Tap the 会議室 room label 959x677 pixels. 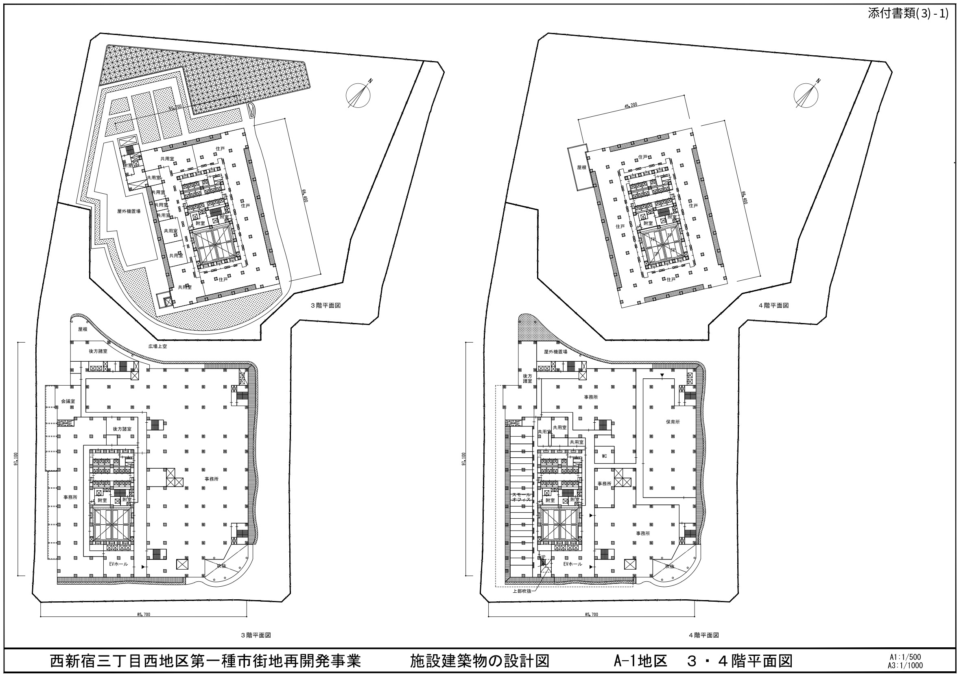[68, 401]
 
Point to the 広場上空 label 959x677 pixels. [157, 346]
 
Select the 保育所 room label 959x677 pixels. [673, 422]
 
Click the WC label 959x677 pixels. [604, 456]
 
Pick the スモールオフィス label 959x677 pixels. [521, 497]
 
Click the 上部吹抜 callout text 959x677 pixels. [522, 591]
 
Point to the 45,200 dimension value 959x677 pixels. [631, 105]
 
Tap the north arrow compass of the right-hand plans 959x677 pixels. [806, 95]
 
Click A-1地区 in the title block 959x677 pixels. [640, 661]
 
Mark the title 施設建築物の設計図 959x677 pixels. [479, 661]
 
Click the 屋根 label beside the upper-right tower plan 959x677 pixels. [582, 167]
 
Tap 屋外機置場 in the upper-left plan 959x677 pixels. [129, 211]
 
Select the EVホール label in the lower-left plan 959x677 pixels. [119, 564]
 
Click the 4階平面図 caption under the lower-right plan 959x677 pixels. [704, 635]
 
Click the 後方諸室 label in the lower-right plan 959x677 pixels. [528, 378]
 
